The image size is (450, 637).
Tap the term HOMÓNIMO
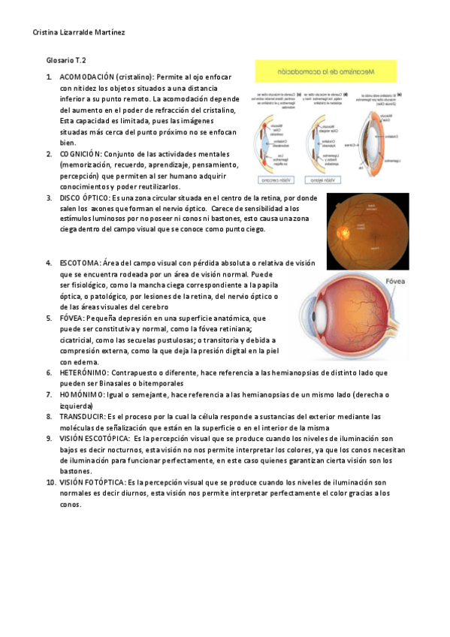[x=82, y=394]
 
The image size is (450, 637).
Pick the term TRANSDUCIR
[x=83, y=415]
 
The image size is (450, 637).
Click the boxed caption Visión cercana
[x=276, y=180]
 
